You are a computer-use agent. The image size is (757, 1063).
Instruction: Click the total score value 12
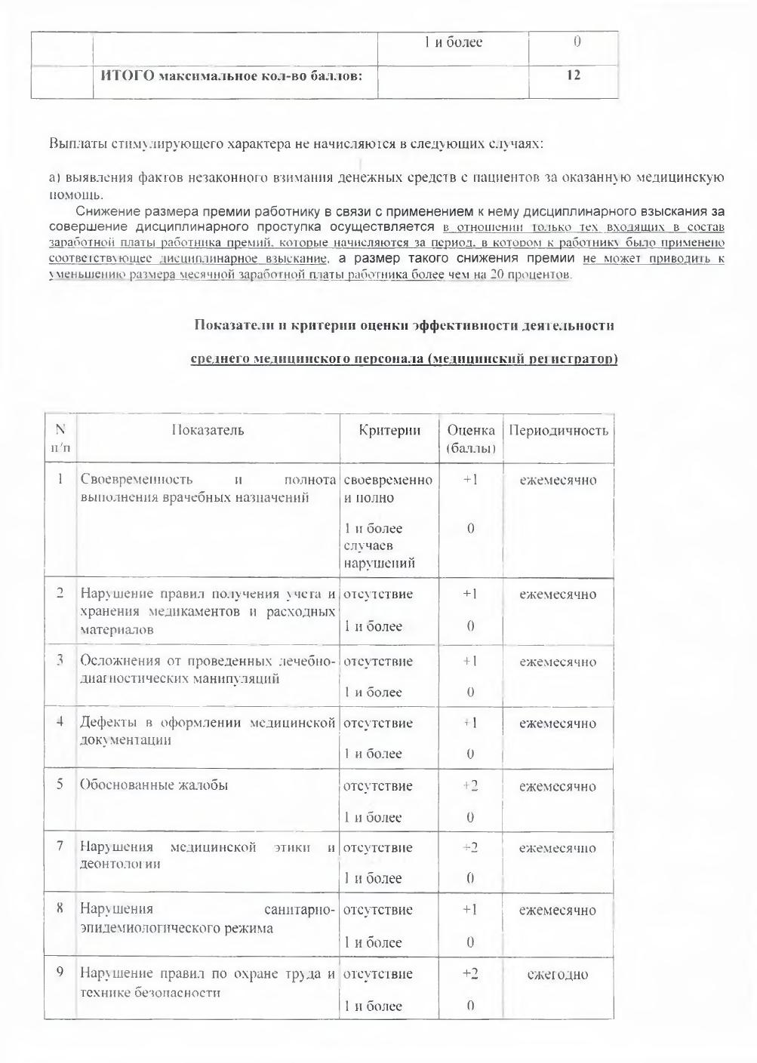(x=574, y=75)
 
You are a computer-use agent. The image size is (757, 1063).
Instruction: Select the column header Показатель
(x=208, y=431)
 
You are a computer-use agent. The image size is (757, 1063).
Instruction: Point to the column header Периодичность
(x=559, y=431)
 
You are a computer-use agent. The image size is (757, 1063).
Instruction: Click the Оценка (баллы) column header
(x=471, y=439)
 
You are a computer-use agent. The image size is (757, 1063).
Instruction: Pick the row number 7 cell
(x=60, y=847)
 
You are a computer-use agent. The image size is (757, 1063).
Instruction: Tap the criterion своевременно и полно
(x=388, y=489)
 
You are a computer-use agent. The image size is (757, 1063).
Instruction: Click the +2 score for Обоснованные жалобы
(x=470, y=786)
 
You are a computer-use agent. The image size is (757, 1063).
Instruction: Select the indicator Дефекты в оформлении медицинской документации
(x=208, y=731)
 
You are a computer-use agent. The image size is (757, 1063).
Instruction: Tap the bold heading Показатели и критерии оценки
(x=404, y=326)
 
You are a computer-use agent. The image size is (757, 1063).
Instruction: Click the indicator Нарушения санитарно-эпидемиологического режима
(x=208, y=919)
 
